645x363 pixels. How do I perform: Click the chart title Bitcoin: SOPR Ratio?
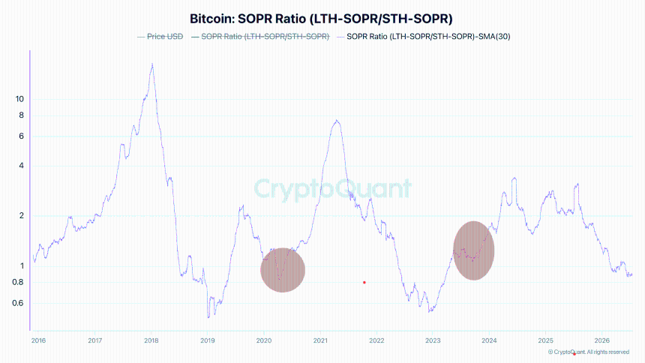tap(321, 19)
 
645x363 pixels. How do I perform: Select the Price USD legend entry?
tap(160, 37)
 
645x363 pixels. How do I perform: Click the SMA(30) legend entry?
tap(423, 37)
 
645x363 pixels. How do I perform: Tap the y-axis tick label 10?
tap(19, 99)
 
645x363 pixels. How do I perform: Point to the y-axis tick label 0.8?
tap(18, 282)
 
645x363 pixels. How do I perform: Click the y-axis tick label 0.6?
tap(18, 303)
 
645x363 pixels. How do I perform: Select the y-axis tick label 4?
tap(22, 166)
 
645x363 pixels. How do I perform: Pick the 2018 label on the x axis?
tap(151, 340)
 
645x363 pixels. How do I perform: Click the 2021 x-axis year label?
tap(320, 340)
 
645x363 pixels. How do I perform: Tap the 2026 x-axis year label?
tap(601, 340)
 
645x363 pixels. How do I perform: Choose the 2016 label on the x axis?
tap(39, 340)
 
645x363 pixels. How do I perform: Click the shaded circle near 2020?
tap(283, 270)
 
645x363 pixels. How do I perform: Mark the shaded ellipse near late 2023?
tap(474, 250)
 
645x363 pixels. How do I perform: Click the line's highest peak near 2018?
tap(152, 64)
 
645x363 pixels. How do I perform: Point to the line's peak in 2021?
tap(337, 120)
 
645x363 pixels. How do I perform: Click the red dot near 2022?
tap(364, 282)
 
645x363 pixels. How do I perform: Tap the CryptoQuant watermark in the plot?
tap(333, 189)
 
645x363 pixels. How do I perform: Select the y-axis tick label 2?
tap(22, 216)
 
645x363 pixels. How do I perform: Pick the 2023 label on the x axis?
tap(433, 340)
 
